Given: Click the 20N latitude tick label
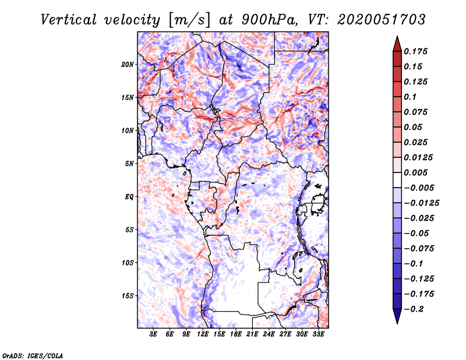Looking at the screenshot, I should pos(128,64).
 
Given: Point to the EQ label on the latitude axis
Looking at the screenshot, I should pos(129,196).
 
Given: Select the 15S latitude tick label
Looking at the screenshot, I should pos(128,295).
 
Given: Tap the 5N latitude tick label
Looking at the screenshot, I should pos(129,164).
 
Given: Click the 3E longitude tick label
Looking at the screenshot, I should pos(154,334).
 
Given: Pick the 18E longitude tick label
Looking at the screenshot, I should pos(236,334).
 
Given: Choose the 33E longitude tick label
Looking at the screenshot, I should pos(318,334).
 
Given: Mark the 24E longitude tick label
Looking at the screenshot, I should pos(269,334).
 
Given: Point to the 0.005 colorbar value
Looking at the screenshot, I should pos(417,172).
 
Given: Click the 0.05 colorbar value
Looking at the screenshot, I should pos(414,127).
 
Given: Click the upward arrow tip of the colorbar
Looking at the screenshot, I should pos(397,38).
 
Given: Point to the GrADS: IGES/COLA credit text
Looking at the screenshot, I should pos(33,355).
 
